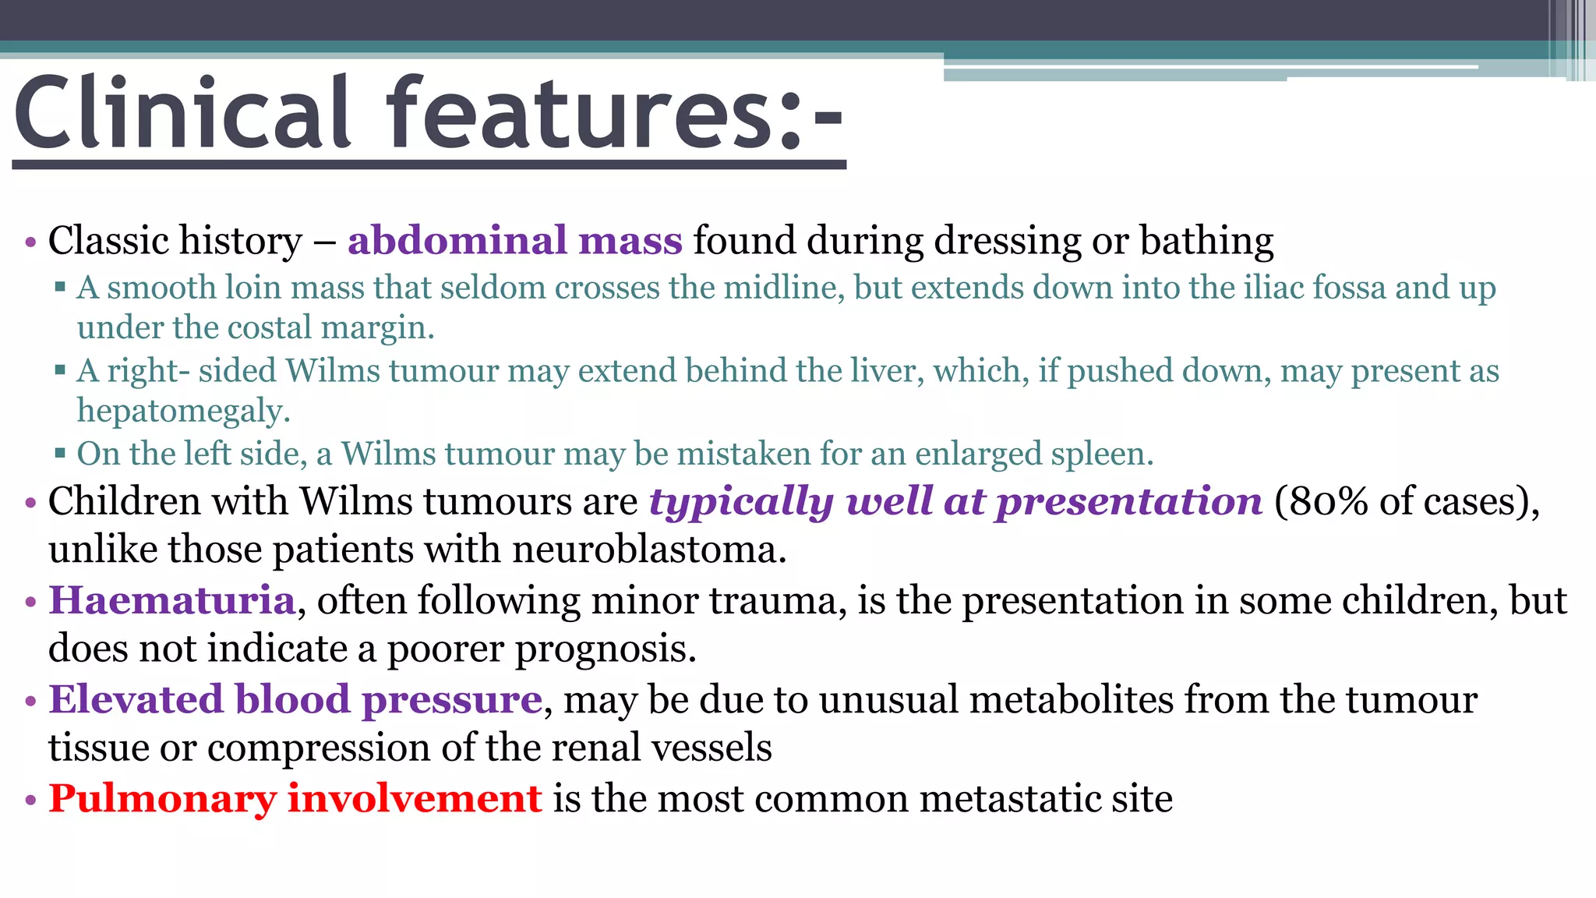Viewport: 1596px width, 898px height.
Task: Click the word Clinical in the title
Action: tap(183, 113)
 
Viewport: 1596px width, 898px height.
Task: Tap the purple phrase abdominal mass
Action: tap(514, 240)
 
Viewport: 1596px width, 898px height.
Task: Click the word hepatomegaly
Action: tap(183, 411)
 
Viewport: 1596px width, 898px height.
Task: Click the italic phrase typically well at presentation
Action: tap(955, 500)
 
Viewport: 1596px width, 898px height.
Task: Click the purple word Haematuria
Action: tap(172, 600)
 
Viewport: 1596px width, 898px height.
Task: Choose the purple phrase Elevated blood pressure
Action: tap(295, 699)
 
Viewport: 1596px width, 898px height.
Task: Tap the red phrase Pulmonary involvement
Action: tap(295, 798)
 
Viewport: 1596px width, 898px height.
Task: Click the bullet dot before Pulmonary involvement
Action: tap(30, 801)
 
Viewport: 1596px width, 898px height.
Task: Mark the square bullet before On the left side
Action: tap(60, 453)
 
